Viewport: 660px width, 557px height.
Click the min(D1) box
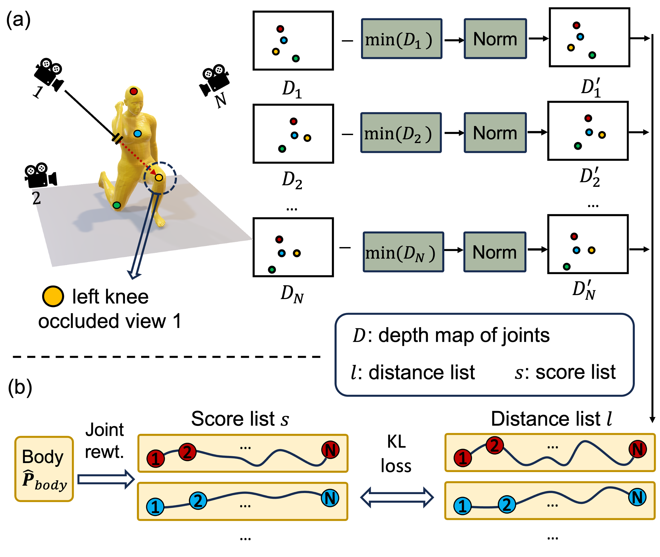[402, 38]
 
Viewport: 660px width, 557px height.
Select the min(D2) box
[401, 133]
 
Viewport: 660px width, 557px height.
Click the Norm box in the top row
[495, 38]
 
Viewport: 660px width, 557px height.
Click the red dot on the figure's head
[133, 92]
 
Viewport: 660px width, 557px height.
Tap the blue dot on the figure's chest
[137, 133]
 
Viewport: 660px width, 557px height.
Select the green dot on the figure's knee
[116, 205]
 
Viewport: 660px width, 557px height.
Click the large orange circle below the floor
[53, 296]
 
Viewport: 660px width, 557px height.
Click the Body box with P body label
[44, 469]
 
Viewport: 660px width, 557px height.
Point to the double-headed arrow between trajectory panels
[397, 497]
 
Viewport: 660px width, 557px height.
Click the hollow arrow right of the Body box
[106, 479]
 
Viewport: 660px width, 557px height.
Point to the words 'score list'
[575, 372]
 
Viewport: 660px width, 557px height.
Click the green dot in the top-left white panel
[296, 58]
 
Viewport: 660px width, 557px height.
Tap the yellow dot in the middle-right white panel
[602, 135]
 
